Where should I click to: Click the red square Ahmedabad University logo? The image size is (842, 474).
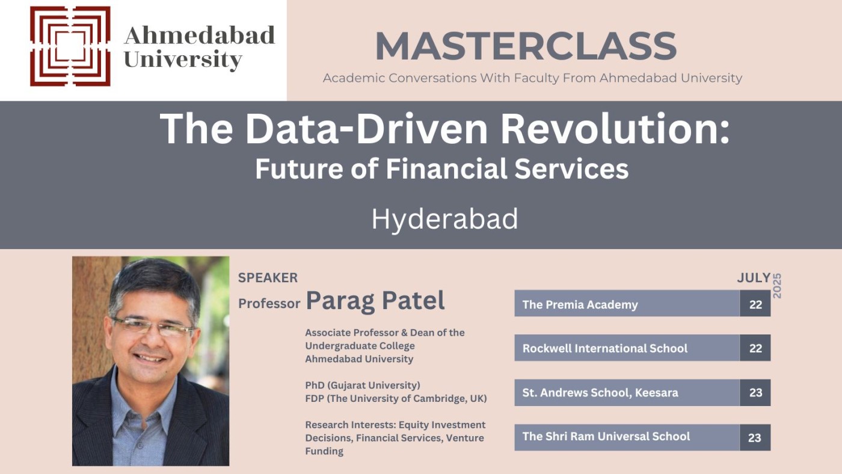(x=70, y=46)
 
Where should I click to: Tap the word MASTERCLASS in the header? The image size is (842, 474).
(x=526, y=46)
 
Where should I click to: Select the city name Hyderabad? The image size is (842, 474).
(x=444, y=219)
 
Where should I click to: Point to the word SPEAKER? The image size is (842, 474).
(x=268, y=278)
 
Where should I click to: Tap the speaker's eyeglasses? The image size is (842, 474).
(x=153, y=327)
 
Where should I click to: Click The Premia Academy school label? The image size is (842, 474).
(x=580, y=304)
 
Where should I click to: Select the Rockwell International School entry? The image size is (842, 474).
(x=604, y=348)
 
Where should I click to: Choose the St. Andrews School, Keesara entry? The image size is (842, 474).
(x=600, y=393)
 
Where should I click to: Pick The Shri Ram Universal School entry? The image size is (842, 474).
(x=606, y=437)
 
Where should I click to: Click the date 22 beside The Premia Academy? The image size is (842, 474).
(x=755, y=304)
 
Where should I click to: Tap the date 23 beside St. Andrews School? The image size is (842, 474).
(x=755, y=393)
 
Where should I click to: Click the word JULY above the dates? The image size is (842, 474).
(x=754, y=278)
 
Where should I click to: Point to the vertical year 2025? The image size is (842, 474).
(x=776, y=286)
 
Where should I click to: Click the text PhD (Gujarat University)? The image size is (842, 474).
(x=362, y=385)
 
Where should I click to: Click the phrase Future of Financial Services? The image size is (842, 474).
(x=441, y=169)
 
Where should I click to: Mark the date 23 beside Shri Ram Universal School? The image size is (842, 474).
(x=755, y=438)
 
